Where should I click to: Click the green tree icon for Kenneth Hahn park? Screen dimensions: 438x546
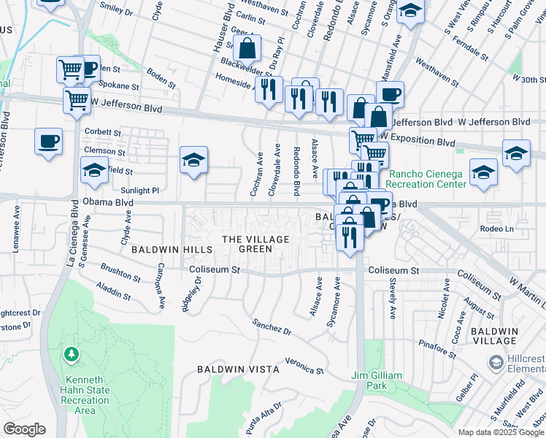pos(72,356)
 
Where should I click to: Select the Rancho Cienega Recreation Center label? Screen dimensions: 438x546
pos(427,179)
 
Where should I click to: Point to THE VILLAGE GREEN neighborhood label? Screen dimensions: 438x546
pos(255,244)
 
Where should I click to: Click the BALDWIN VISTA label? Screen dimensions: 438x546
pos(238,370)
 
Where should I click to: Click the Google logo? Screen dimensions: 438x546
pos(25,429)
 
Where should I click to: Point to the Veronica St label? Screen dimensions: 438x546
pos(304,366)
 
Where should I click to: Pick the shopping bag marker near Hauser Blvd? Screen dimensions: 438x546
pos(247,50)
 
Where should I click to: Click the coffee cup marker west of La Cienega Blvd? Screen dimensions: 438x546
pos(49,142)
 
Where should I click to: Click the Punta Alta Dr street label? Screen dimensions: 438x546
pos(265,416)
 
